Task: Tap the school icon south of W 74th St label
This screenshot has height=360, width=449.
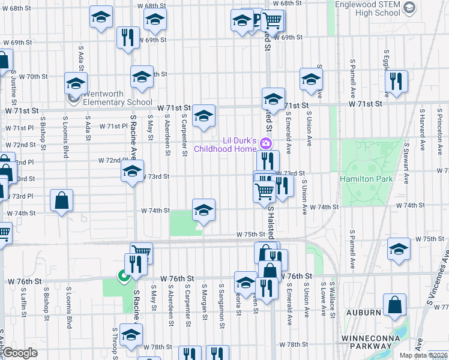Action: tap(203, 211)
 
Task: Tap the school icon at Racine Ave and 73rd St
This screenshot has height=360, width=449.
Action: tap(133, 172)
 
